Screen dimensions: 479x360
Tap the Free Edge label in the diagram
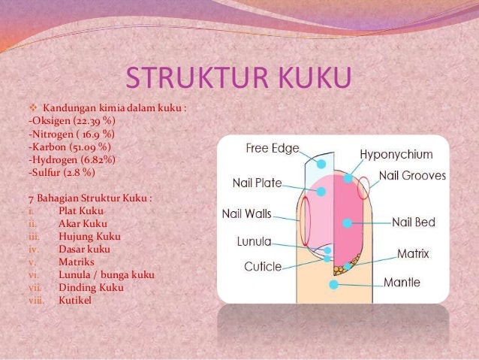[x=273, y=148]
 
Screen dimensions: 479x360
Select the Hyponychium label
[x=396, y=155]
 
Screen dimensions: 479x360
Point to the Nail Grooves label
[x=412, y=176]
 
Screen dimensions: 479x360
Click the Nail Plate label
[x=258, y=182]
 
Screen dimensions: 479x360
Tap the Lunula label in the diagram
[x=254, y=244]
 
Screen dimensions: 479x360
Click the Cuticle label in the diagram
[x=263, y=266]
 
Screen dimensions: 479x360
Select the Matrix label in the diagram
[x=413, y=254]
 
